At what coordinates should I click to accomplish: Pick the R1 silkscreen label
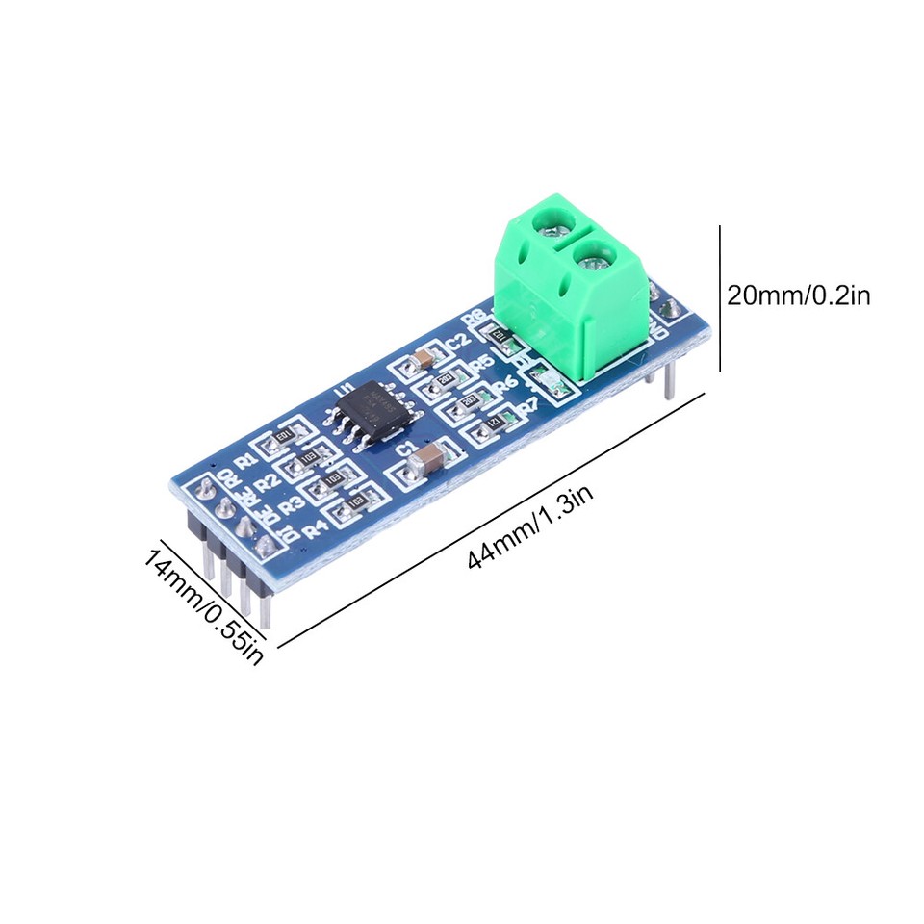coord(247,458)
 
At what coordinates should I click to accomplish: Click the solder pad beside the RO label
coord(206,491)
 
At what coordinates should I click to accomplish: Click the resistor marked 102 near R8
coord(500,333)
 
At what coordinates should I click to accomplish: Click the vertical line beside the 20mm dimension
coord(719,298)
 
